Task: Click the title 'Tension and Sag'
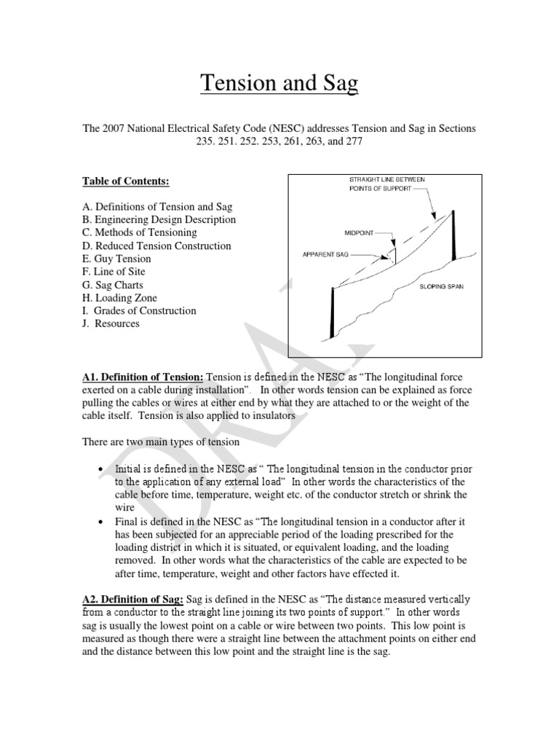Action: pos(279,84)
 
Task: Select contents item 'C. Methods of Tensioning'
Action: pos(139,232)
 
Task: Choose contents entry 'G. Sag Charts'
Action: pos(113,285)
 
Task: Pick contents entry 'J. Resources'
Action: pos(110,323)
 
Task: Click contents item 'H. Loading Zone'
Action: pos(119,298)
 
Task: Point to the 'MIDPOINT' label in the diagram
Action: pos(359,235)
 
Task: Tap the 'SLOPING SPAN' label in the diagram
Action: pos(441,287)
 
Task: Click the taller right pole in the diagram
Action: pos(453,235)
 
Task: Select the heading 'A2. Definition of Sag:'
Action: pos(130,599)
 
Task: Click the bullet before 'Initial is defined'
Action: pos(99,470)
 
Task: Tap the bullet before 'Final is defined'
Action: pos(99,522)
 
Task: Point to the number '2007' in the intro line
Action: pos(115,128)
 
